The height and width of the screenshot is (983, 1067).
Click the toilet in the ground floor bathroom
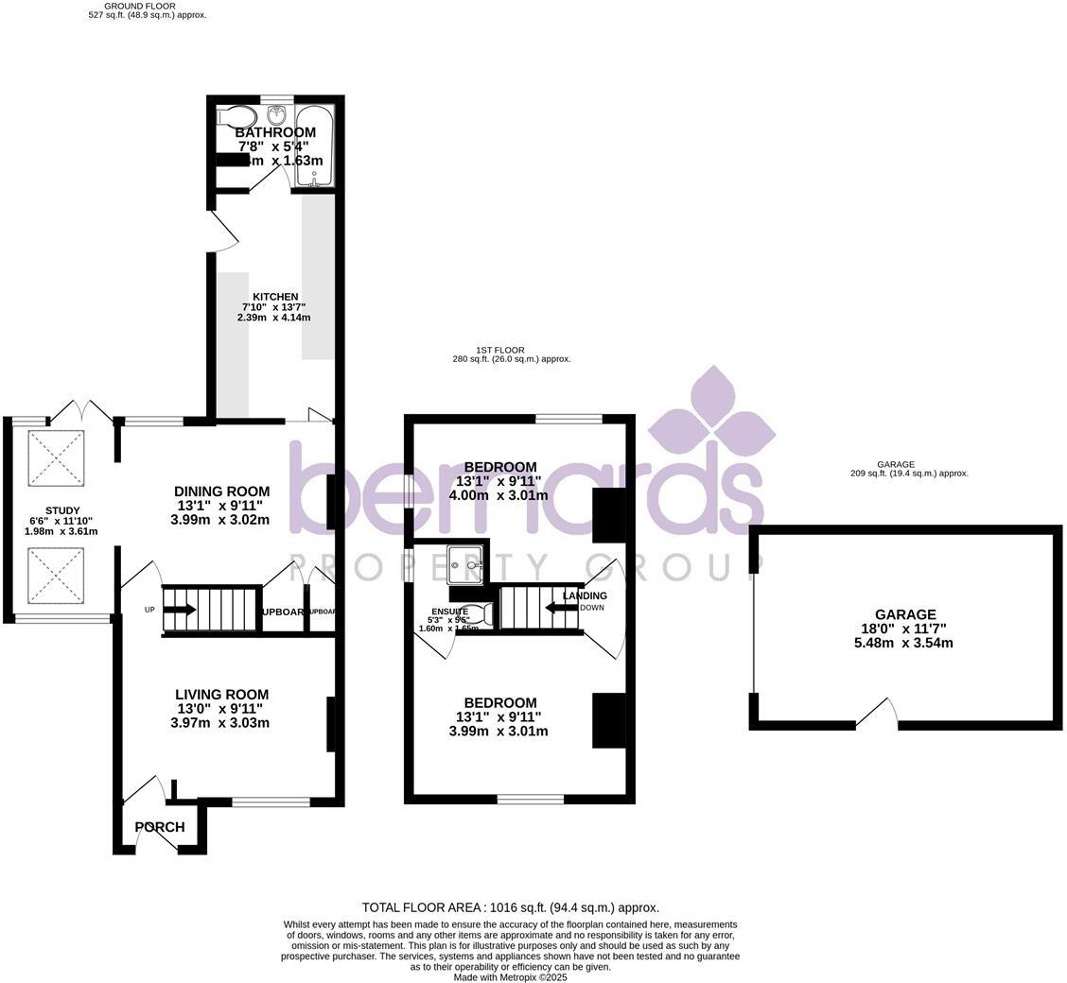pos(231,117)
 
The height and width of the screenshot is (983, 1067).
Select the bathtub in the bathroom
pos(313,146)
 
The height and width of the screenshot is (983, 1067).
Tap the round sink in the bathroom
pos(277,116)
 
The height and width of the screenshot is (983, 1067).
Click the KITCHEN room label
pos(274,297)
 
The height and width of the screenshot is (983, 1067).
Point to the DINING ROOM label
pos(221,491)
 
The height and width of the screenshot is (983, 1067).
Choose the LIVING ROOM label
pos(221,695)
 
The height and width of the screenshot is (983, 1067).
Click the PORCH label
pos(160,827)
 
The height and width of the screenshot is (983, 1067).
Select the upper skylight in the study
pos(56,458)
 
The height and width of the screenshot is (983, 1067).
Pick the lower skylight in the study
pos(56,576)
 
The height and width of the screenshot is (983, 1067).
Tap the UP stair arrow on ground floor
pos(180,610)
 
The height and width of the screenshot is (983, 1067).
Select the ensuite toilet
pos(474,615)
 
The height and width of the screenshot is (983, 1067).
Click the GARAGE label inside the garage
pos(904,614)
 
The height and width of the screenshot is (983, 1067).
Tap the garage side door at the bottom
pos(878,716)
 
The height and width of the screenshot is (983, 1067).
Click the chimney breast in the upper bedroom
pos(608,515)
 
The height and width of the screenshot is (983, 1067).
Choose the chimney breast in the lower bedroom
pos(608,720)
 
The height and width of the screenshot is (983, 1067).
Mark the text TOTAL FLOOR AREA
pos(421,907)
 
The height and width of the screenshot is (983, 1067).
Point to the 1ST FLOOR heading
pos(500,350)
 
